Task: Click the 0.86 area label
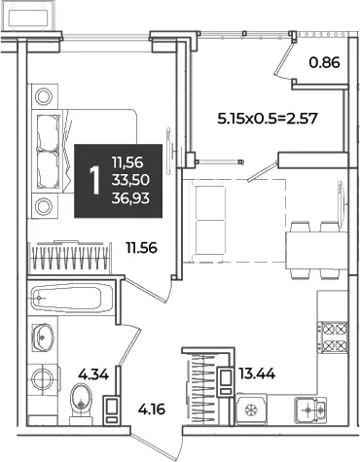324,62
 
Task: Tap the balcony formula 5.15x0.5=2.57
267,119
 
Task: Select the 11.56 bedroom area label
142,248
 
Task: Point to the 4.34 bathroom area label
93,374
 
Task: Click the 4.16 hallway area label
152,409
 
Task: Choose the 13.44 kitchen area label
257,374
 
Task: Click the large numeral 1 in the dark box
94,180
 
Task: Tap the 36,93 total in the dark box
130,197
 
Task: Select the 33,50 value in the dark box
130,180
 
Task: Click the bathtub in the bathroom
70,298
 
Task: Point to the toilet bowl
81,403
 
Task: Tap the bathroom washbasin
43,337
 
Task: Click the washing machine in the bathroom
43,379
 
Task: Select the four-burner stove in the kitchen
333,338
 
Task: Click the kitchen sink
310,410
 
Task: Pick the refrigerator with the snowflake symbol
251,409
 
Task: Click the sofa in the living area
208,221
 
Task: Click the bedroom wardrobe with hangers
70,258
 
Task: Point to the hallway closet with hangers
201,388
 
